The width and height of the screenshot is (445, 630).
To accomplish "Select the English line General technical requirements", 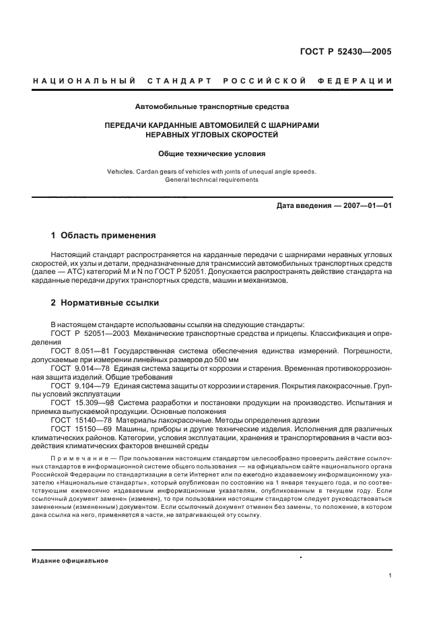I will point(212,180).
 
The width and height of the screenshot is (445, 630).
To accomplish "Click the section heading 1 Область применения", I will point(104,236).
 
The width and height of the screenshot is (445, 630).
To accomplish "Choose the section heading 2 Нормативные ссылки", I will point(105,303).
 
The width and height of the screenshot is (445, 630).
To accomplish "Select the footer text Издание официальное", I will point(70,561).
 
